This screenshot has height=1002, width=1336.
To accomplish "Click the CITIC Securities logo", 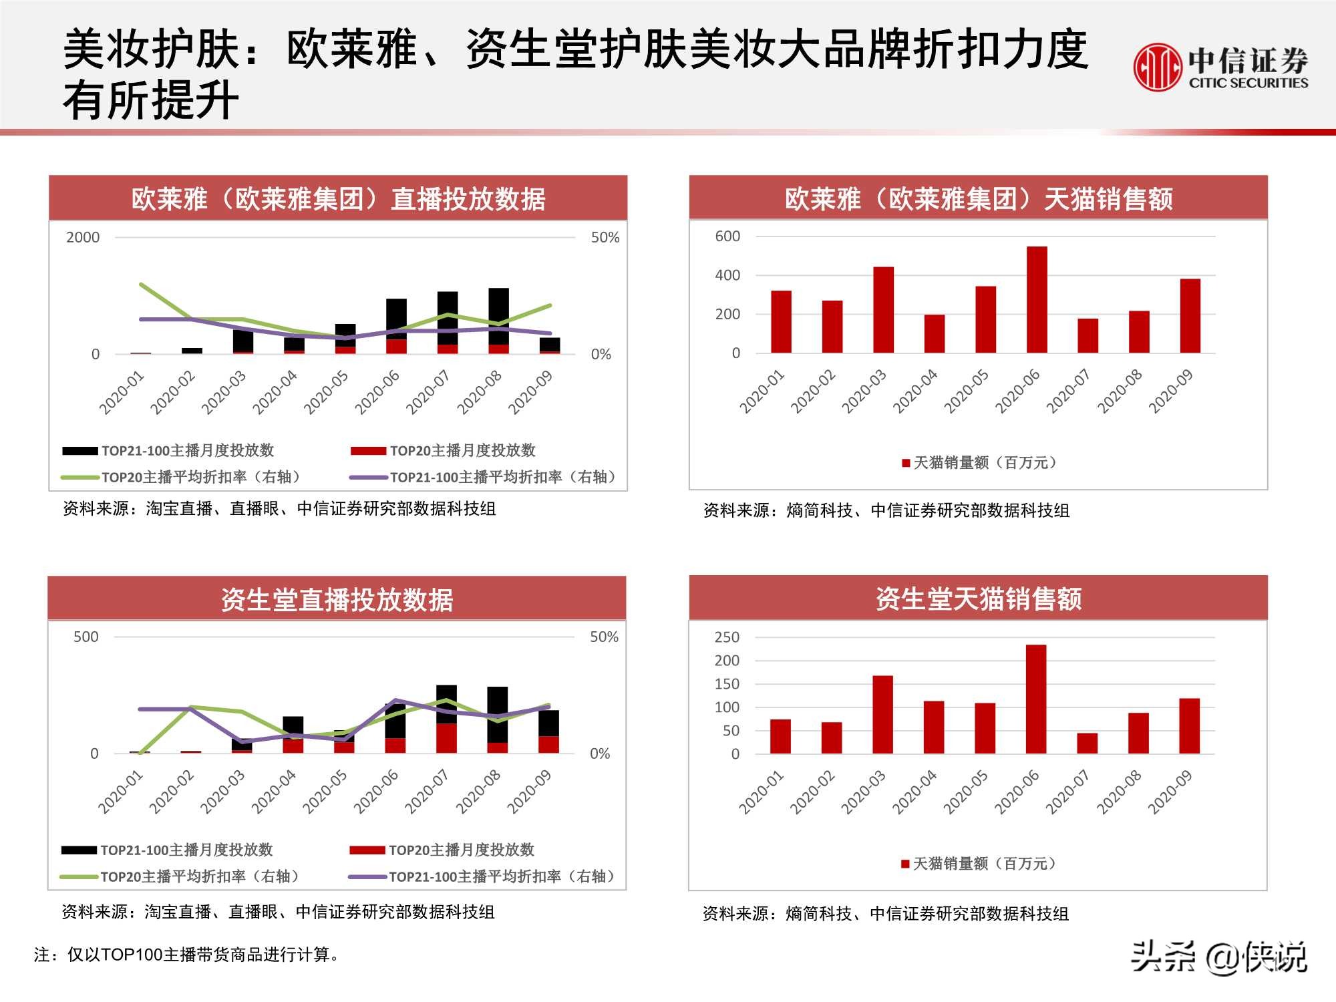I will point(1220,67).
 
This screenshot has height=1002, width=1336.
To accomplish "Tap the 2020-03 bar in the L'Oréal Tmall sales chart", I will point(883,310).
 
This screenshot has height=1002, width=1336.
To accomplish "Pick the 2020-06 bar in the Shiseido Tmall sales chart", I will point(1036,699).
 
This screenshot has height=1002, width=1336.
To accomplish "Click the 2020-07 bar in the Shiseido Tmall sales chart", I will point(1087,743).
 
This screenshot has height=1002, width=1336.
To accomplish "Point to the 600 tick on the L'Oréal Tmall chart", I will point(727,236).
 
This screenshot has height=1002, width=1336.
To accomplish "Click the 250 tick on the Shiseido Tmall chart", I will point(727,637).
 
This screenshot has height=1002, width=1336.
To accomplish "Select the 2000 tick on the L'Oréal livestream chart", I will point(83,238).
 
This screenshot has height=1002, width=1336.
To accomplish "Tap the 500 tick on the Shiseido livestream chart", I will point(86,637).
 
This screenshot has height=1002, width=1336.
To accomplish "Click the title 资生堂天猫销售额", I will point(978,599).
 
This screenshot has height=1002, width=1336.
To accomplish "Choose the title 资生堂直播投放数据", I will point(337,600).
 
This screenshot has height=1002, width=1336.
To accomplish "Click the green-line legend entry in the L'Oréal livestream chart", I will point(182,477).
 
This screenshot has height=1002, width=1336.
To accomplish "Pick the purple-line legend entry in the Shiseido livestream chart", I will point(482,876).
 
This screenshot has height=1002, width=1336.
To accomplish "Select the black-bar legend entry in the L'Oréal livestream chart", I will point(168,451).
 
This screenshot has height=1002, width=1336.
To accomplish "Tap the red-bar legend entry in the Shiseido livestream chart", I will point(442,850).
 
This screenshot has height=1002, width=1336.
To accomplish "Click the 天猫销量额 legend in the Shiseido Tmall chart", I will point(979,864).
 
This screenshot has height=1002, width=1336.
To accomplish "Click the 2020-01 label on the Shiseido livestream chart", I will point(120,792).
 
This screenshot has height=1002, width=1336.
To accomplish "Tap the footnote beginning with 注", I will point(187,955).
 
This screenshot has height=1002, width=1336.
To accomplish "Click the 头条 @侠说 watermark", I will point(1218,957).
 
